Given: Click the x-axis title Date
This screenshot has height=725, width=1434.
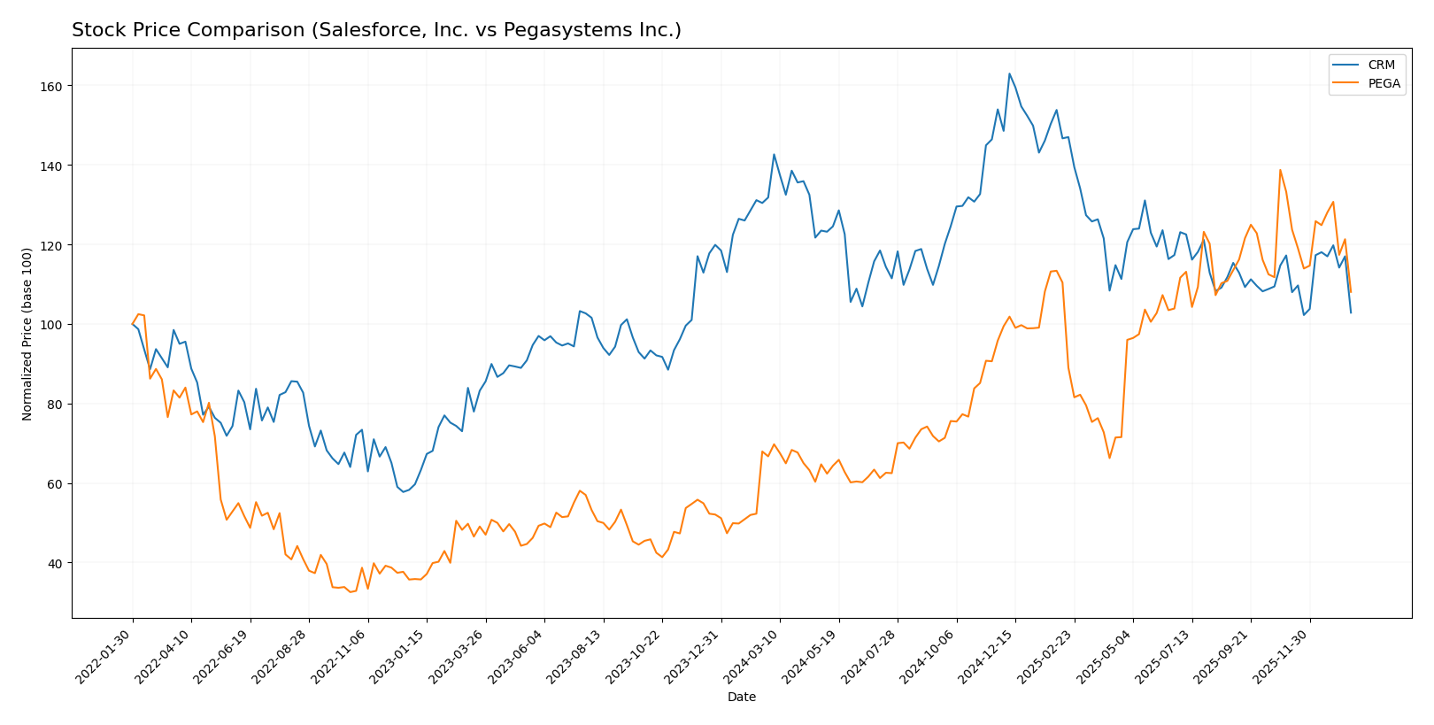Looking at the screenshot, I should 741,698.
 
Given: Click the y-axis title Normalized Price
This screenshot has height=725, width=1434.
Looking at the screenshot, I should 27,334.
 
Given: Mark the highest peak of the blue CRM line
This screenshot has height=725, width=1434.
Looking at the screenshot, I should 1009,73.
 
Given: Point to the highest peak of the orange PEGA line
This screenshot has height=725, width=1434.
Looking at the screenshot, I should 1280,170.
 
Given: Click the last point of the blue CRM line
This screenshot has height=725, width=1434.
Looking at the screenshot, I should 1351,312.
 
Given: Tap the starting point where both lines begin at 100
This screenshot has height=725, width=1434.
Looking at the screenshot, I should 133,324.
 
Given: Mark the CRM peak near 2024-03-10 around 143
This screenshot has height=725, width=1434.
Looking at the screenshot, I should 774,154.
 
